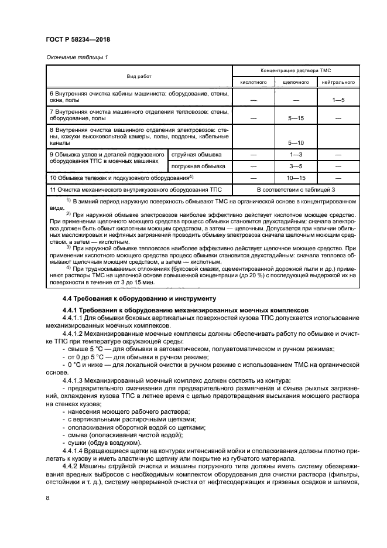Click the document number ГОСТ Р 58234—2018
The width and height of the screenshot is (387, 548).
78,39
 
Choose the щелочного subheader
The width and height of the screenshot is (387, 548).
296,83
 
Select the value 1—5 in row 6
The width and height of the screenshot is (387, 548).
338,100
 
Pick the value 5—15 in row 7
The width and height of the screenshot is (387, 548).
296,118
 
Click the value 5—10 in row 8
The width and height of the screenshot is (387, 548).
296,142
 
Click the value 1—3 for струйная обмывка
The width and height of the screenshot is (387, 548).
296,154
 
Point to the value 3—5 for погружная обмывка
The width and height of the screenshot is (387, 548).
296,166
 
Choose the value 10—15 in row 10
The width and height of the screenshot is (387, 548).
296,178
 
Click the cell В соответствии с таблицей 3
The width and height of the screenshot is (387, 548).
297,189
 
